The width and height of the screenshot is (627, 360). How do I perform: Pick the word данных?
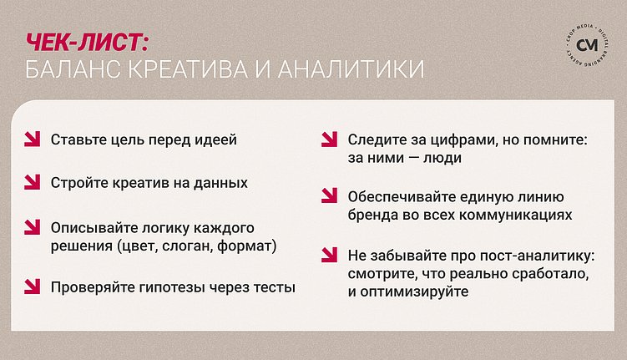pyautogui.click(x=220, y=182)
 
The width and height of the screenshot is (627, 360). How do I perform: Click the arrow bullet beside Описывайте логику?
pyautogui.click(x=32, y=227)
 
